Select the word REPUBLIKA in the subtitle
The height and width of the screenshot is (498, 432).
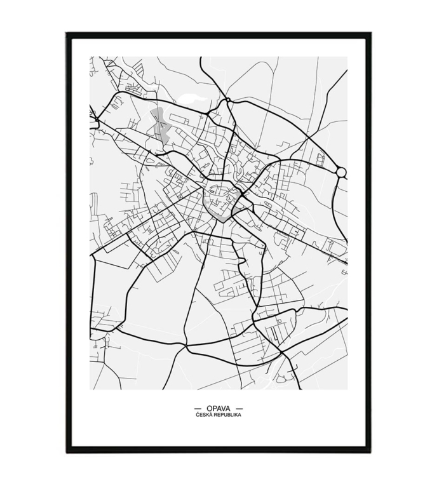227,415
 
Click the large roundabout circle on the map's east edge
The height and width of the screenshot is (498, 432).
341,172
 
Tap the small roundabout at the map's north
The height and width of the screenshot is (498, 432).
227,100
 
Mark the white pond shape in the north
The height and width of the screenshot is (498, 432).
193,98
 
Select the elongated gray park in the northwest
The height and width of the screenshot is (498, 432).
160,124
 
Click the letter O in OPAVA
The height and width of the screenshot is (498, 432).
209,408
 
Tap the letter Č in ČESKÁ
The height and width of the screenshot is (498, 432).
198,415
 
